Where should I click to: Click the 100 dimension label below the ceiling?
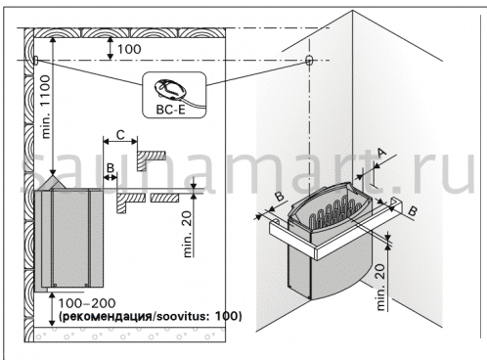129,49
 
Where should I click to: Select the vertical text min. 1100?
46,107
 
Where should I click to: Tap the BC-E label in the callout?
170,110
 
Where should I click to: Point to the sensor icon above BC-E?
170,88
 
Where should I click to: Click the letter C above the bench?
120,135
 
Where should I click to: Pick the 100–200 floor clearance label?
87,303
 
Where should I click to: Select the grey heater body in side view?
69,239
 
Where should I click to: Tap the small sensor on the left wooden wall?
35,60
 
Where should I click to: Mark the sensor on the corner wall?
309,60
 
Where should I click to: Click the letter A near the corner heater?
381,152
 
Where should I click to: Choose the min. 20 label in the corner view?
380,288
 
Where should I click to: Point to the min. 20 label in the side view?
187,234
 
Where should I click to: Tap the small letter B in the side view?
111,168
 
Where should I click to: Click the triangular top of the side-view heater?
52,183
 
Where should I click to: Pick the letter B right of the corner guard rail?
413,211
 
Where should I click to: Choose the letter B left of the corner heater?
280,197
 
